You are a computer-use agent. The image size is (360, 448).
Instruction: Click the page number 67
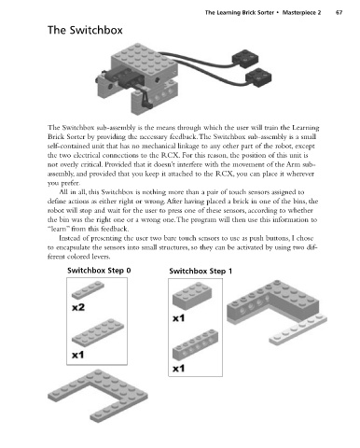[339, 13]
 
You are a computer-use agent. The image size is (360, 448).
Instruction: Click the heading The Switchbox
[85, 30]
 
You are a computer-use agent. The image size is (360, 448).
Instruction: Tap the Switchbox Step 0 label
[99, 271]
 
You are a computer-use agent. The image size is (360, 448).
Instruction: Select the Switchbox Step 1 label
[201, 271]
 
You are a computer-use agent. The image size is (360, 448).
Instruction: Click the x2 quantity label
[78, 308]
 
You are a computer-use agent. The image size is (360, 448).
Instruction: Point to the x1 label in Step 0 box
[77, 355]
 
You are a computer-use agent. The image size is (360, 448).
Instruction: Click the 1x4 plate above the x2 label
[88, 290]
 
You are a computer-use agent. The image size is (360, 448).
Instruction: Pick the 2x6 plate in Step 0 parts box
[98, 331]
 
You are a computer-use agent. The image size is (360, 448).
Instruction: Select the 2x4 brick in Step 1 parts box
[192, 296]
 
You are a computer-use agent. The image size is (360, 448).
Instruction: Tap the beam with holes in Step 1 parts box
[195, 344]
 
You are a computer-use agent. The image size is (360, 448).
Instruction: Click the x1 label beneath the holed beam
[178, 369]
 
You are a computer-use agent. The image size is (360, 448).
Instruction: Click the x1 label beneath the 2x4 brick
[178, 318]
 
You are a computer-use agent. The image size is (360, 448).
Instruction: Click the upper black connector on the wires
[245, 59]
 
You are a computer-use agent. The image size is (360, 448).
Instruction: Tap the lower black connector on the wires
[258, 78]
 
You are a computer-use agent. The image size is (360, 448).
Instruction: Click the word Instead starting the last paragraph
[70, 238]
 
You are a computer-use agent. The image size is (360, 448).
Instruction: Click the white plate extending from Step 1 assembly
[298, 329]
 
